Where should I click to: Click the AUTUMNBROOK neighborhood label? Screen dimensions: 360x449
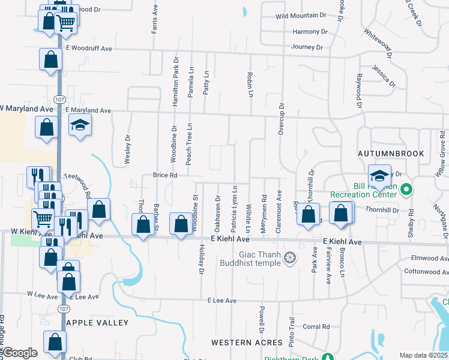(391, 154)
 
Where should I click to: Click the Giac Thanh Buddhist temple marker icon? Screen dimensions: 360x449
(290, 258)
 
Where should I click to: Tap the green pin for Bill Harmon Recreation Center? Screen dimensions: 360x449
(406, 191)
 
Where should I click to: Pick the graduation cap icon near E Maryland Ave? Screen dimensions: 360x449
(79, 126)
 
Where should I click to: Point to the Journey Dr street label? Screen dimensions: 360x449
(307, 47)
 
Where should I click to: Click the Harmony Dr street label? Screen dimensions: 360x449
(310, 32)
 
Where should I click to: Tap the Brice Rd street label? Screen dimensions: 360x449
(165, 175)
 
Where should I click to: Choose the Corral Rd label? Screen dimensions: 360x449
(316, 327)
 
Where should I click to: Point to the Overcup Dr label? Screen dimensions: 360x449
(281, 118)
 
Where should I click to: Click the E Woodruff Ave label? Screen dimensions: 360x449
(89, 48)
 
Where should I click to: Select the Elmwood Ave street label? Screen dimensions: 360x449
(430, 259)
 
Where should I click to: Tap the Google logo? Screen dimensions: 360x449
(20, 353)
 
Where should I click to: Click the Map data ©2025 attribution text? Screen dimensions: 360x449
(423, 355)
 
